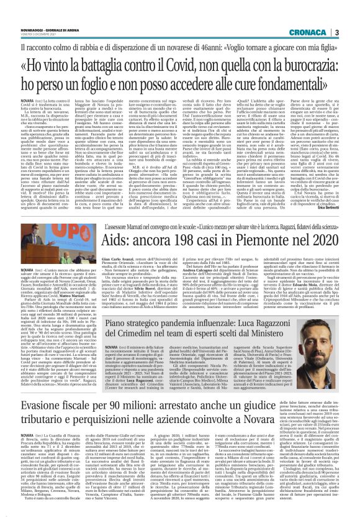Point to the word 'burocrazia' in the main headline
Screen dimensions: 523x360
coord(305,63)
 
